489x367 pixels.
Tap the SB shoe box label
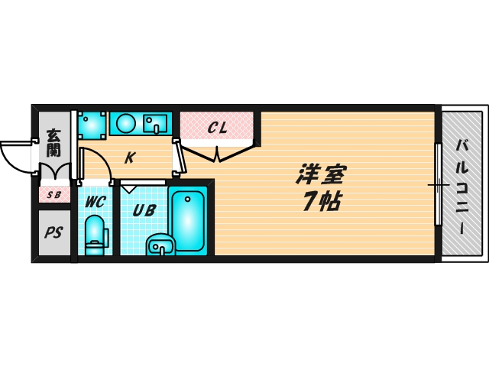(x=54, y=194)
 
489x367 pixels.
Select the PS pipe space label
(x=53, y=232)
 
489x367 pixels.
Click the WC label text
(x=95, y=202)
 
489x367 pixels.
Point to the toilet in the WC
(x=95, y=234)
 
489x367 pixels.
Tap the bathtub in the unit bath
(x=187, y=220)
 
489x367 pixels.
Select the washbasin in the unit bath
(x=160, y=245)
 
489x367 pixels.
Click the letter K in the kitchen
(x=130, y=158)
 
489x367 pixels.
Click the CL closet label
(x=217, y=128)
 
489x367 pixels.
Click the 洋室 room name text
(x=320, y=175)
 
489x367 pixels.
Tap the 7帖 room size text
(x=320, y=202)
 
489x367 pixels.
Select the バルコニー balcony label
(x=463, y=186)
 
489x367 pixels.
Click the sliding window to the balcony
(x=438, y=184)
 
